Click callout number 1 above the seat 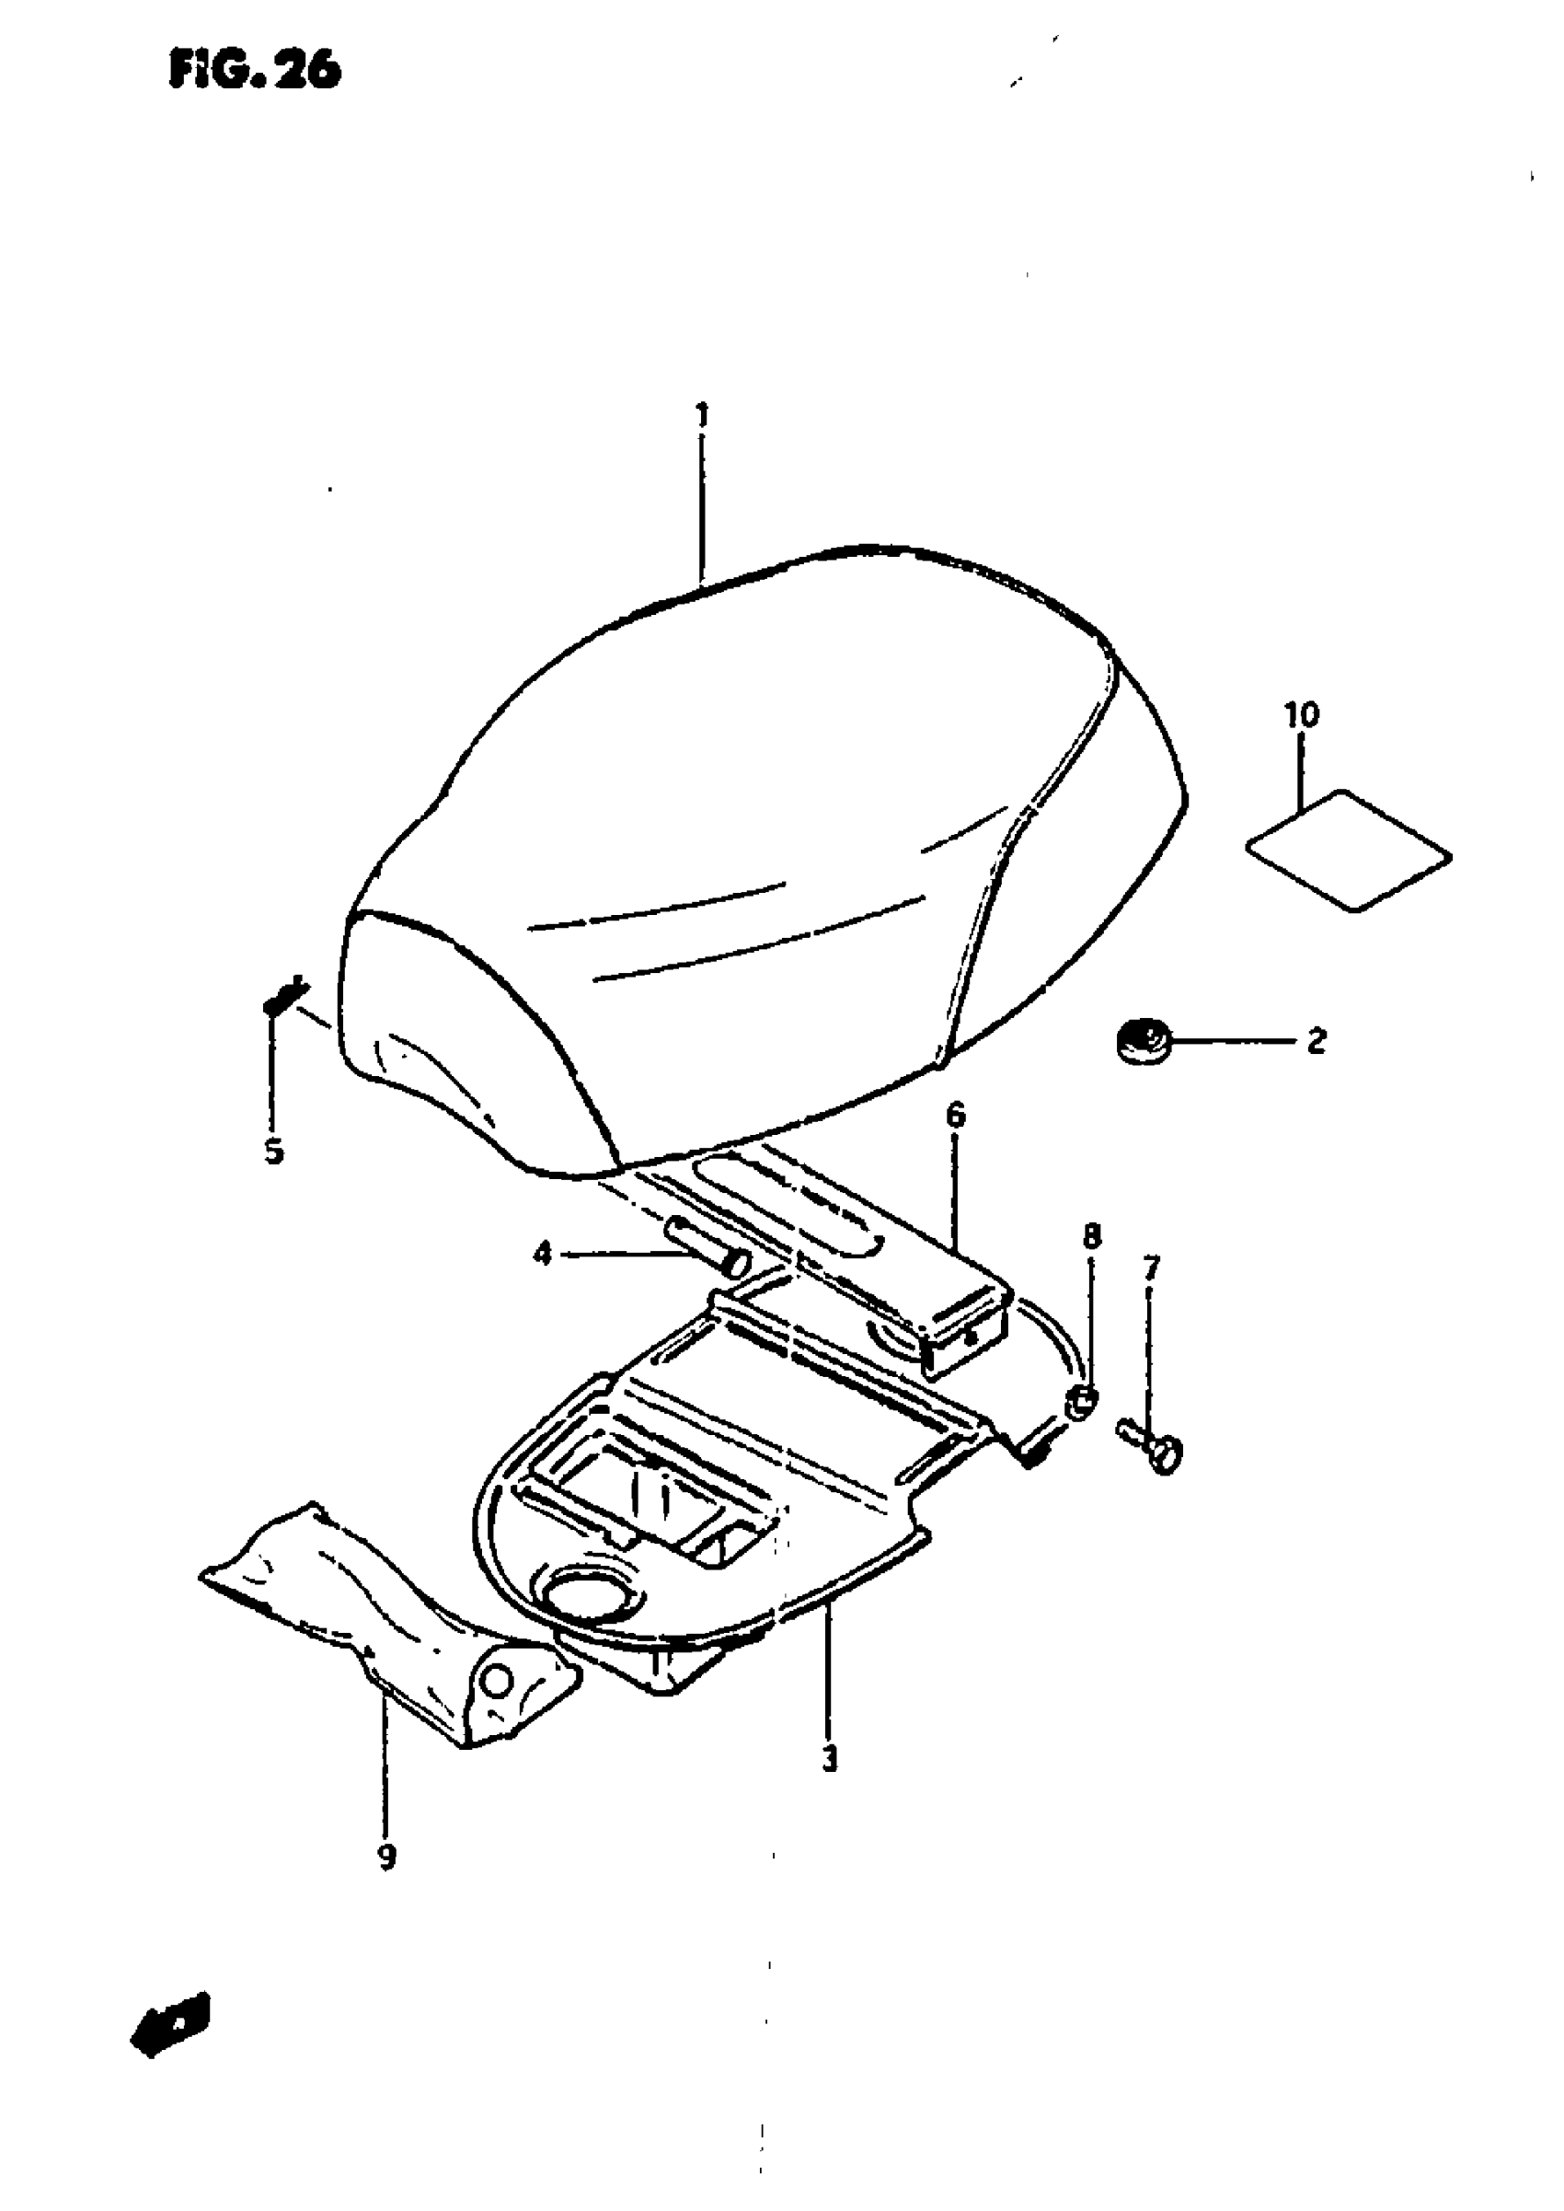click(703, 416)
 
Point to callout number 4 click(543, 1255)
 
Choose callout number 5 click(274, 1152)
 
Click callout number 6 click(955, 1117)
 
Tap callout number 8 click(1091, 1237)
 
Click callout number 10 click(1301, 715)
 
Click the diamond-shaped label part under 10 click(1350, 851)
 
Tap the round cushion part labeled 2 click(1141, 1040)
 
